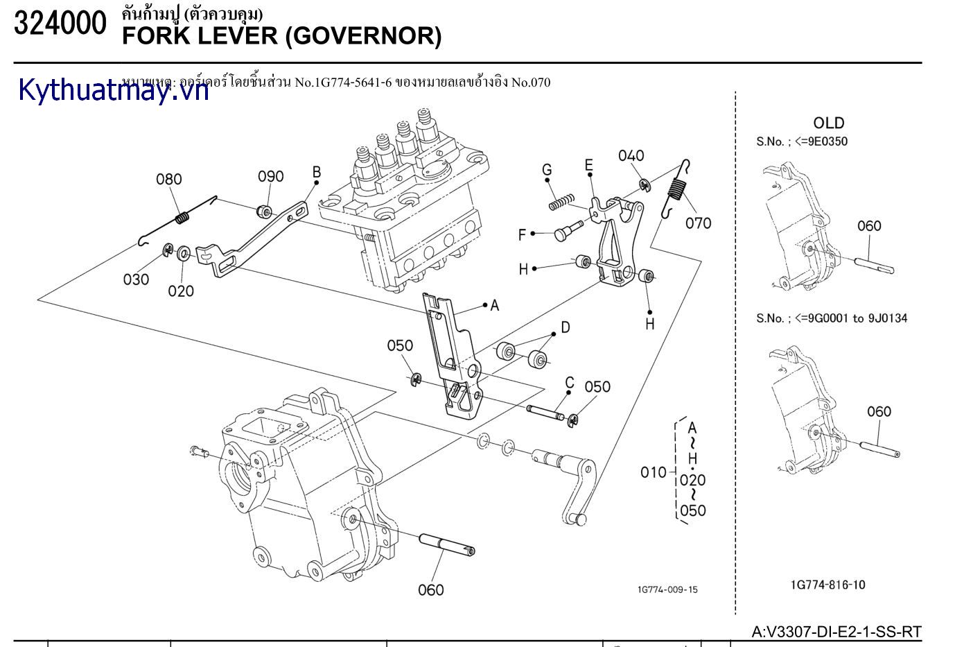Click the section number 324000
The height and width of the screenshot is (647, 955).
coord(60,24)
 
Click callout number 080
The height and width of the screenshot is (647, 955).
coord(168,180)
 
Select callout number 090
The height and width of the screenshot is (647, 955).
coord(271,176)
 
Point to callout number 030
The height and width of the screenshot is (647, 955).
coord(136,279)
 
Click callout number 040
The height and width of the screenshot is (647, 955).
coord(631,156)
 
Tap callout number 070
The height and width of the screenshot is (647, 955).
coord(699,223)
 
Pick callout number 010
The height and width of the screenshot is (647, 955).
coord(653,473)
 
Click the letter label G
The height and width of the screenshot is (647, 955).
coord(547,170)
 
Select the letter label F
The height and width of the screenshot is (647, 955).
coord(523,235)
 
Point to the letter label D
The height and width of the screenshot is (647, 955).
coord(565,327)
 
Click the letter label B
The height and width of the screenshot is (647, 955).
coord(316,172)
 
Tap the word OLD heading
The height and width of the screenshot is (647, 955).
coord(828,123)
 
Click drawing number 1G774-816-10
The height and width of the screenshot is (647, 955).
coord(827,585)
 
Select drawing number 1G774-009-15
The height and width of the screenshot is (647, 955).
coord(667,589)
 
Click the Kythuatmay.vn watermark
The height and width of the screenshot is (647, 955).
coord(114,90)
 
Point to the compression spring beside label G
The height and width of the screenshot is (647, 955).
coord(562,202)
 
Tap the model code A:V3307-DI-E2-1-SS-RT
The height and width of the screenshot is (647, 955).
coord(836,632)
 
